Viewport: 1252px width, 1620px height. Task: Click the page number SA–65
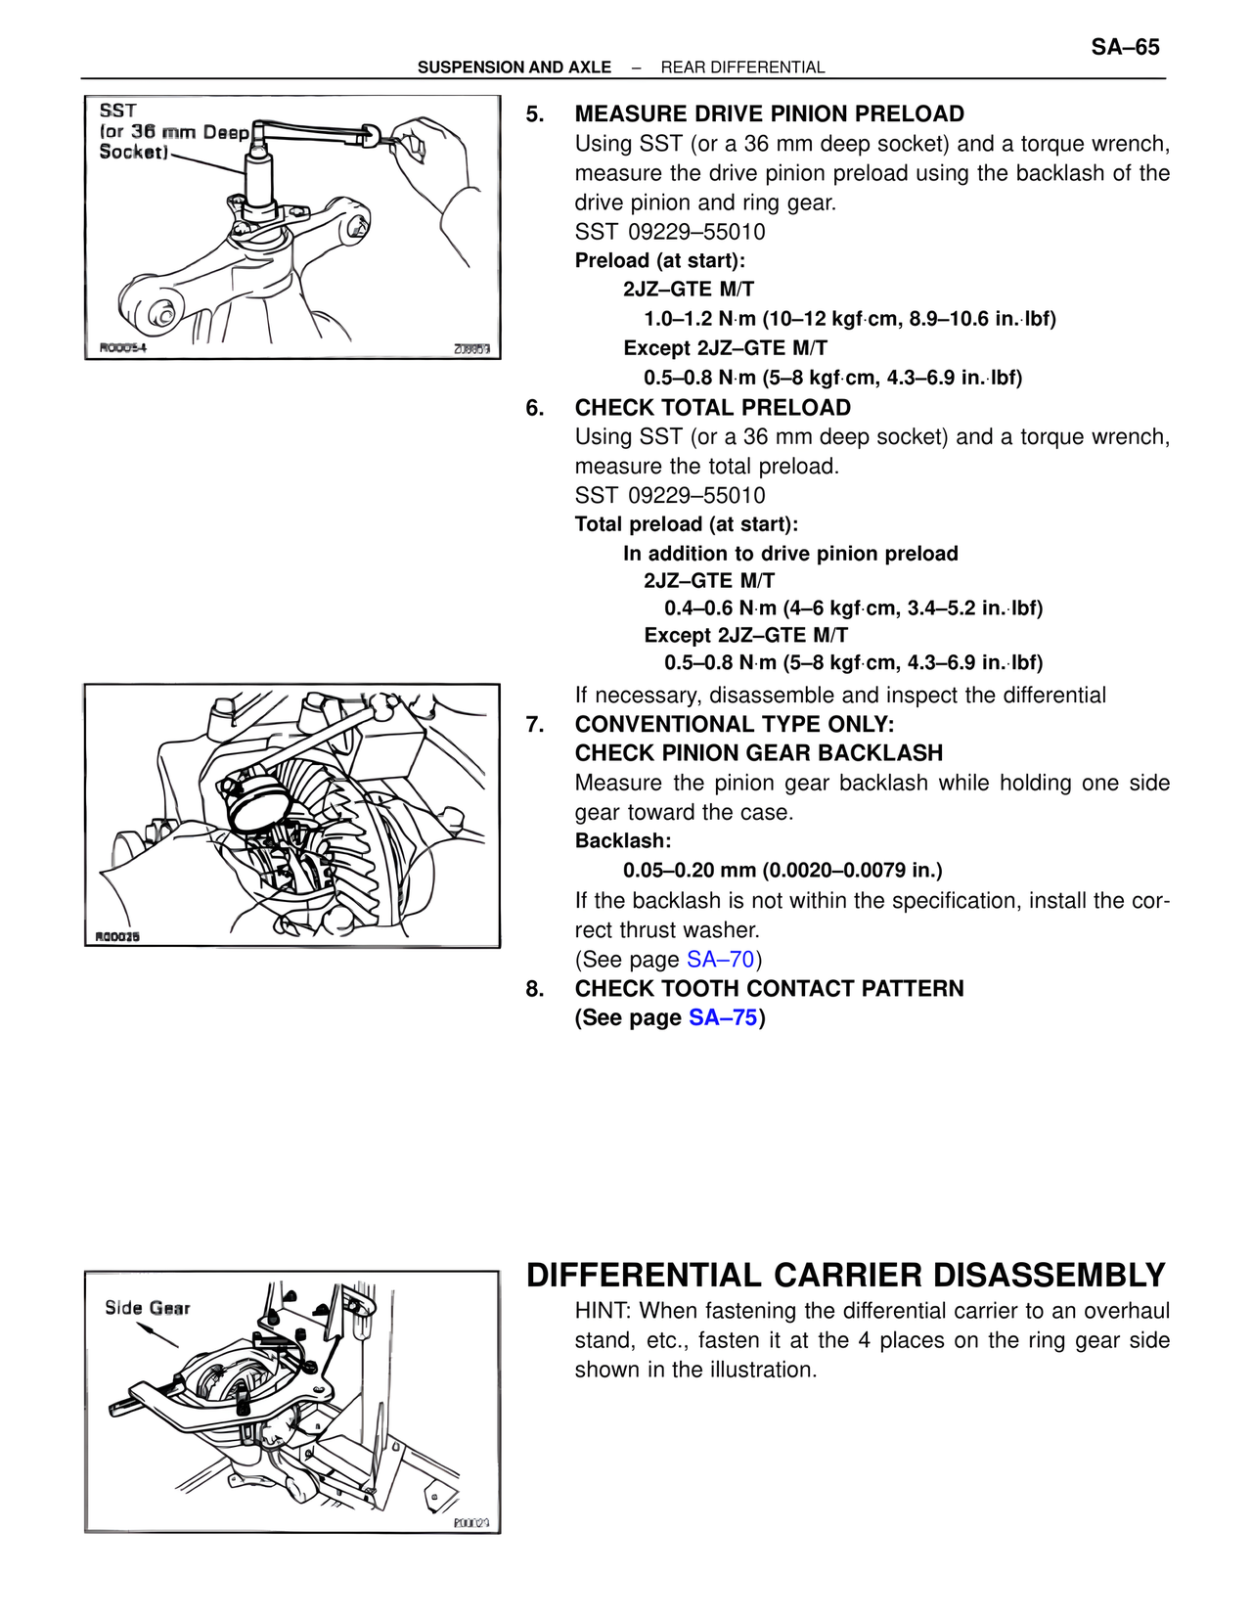[x=1125, y=47]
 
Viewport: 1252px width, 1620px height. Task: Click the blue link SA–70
[x=720, y=960]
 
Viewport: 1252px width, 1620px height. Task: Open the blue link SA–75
[x=723, y=1018]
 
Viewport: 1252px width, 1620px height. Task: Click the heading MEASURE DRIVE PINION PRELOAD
[x=769, y=114]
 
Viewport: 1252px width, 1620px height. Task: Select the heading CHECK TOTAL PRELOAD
[x=712, y=408]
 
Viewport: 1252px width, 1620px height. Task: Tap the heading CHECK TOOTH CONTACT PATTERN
[x=769, y=989]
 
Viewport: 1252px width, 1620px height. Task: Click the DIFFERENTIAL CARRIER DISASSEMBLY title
[x=845, y=1276]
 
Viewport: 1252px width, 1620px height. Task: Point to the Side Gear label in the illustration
[x=147, y=1308]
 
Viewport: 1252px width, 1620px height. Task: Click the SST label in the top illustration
[x=117, y=111]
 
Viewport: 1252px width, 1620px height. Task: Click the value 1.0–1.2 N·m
[x=699, y=319]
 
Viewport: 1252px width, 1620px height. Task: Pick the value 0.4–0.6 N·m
[x=720, y=608]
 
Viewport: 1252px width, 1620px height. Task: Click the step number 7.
[x=534, y=725]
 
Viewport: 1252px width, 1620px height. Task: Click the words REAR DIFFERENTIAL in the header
[x=742, y=67]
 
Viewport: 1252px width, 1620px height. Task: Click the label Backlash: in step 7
[x=622, y=841]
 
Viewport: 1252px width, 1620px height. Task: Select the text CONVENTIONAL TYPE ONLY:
[x=734, y=725]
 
